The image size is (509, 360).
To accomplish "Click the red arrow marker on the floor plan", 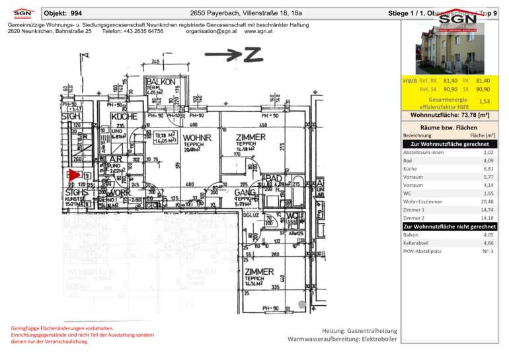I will pyautogui.click(x=73, y=174).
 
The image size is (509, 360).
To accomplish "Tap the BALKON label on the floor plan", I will pyautogui.click(x=159, y=81).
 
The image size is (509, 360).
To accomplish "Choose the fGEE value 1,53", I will pyautogui.click(x=483, y=102).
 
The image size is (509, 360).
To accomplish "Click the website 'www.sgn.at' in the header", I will pyautogui.click(x=258, y=31).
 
